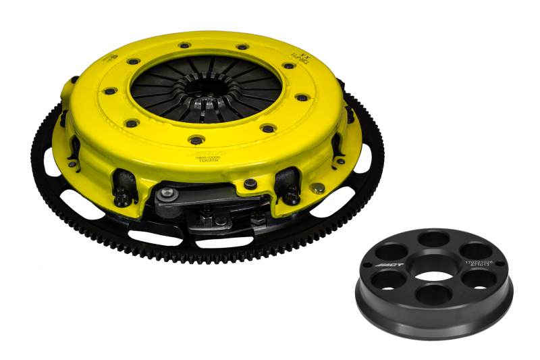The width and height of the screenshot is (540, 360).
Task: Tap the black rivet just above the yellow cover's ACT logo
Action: coord(196,140)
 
